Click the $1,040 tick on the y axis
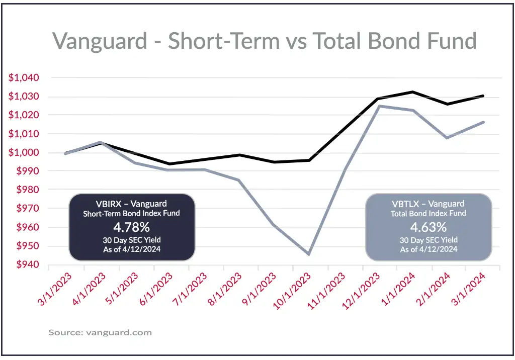point(24,78)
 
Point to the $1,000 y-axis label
point(24,153)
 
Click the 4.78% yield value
point(131,227)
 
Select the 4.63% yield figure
point(428,227)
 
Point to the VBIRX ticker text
point(109,204)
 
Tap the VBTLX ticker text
point(405,204)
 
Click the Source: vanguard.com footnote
point(100,333)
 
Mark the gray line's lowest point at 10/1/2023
point(308,254)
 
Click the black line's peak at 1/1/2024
point(412,92)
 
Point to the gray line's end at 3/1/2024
point(483,122)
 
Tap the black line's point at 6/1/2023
point(169,164)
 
